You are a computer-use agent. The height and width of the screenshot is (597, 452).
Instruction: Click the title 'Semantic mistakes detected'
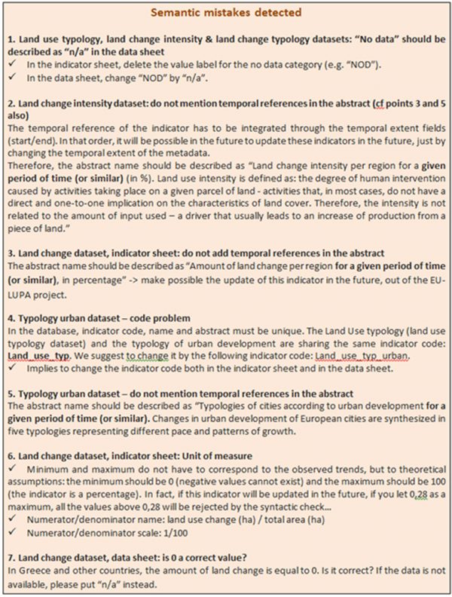(x=225, y=12)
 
